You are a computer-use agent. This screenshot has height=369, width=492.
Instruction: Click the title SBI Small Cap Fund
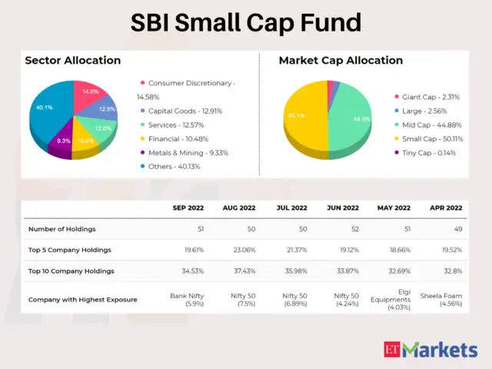click(245, 22)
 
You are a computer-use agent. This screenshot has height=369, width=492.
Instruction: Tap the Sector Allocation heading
click(72, 60)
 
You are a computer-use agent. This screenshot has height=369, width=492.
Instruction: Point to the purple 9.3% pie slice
click(63, 143)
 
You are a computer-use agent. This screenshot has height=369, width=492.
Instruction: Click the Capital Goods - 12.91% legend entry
click(184, 111)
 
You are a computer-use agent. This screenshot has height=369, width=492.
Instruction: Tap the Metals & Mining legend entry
click(184, 152)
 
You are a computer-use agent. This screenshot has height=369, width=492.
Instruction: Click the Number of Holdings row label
click(64, 229)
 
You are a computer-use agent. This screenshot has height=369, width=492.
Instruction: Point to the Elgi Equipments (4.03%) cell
click(396, 299)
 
